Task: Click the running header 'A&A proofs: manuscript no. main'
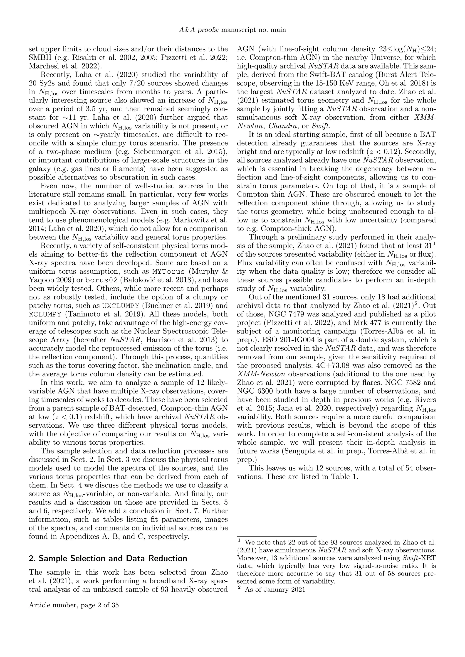232,30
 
